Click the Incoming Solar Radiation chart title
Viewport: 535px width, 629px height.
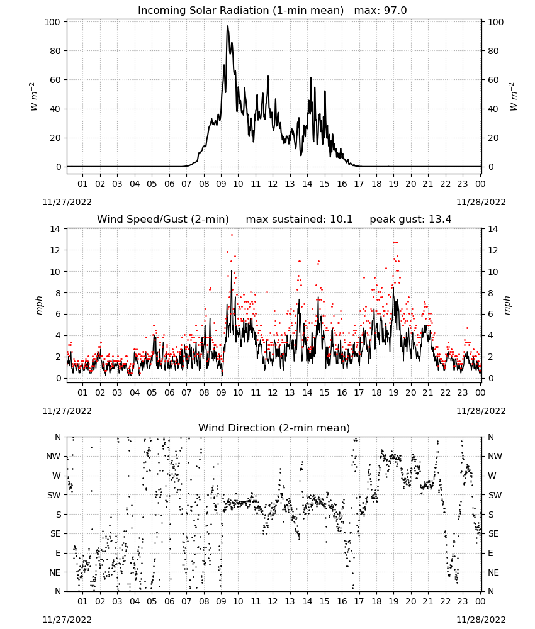coord(241,11)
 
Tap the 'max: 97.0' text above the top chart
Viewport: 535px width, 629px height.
coord(381,11)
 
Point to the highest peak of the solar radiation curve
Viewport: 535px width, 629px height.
coord(228,26)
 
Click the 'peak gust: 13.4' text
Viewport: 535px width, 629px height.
coord(410,220)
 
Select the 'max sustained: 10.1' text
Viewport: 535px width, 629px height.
coord(299,220)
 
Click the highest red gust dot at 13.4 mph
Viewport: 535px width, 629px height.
coord(232,235)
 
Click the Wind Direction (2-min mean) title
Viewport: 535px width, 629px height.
coord(274,428)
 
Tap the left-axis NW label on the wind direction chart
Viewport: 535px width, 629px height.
coord(53,457)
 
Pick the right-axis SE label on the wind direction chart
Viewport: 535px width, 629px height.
coord(493,533)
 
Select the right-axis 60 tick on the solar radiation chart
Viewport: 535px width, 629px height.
coord(493,80)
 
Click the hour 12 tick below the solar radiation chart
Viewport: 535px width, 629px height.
coord(273,184)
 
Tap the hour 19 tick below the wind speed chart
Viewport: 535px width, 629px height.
coord(394,392)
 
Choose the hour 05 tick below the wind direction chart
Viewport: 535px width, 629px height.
coord(152,601)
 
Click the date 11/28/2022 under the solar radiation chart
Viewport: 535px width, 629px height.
coord(481,202)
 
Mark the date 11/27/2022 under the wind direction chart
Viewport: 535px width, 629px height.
coord(67,620)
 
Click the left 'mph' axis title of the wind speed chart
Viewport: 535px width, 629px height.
coord(39,305)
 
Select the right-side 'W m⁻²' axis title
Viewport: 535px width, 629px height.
coord(514,97)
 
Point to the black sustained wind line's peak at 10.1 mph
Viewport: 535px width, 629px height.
coord(232,271)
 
